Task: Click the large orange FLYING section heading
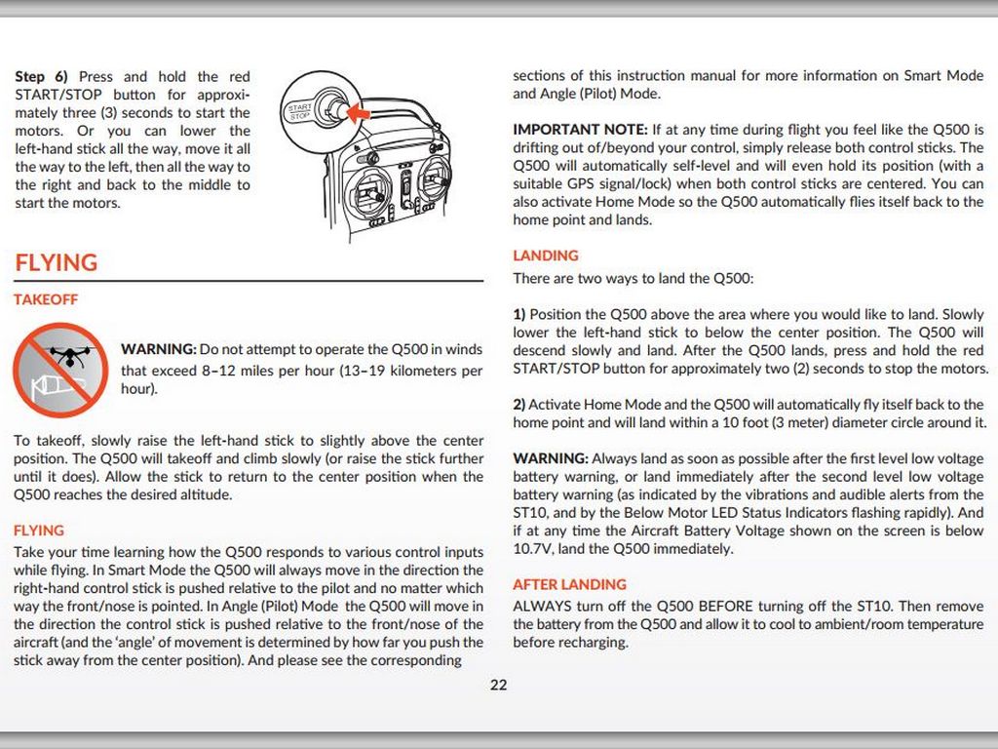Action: (57, 262)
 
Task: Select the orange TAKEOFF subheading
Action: (46, 299)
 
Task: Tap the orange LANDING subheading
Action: (546, 256)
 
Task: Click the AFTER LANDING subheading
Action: (570, 584)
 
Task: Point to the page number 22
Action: (498, 685)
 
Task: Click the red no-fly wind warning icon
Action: (59, 370)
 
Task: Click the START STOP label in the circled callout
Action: (298, 111)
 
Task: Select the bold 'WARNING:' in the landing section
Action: (551, 458)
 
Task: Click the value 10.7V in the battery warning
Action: (533, 548)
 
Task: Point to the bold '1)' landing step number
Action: (519, 314)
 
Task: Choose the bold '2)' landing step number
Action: (519, 404)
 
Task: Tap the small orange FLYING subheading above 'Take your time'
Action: (39, 531)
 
